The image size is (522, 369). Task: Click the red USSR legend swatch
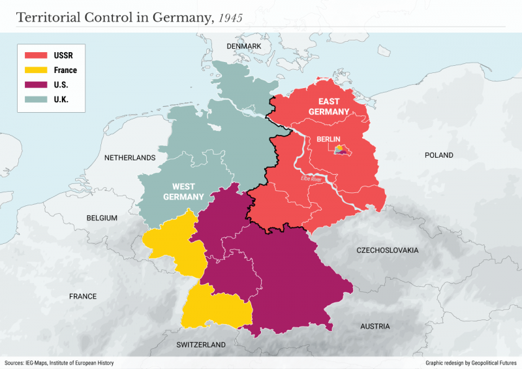tap(35, 55)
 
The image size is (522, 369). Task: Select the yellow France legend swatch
tap(35, 70)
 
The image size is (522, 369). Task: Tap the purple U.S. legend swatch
tap(35, 85)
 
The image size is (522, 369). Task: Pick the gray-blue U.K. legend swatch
tap(35, 99)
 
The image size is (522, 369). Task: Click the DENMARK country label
tap(243, 47)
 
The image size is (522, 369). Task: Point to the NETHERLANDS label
tap(130, 158)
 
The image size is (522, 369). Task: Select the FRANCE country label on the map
tap(83, 297)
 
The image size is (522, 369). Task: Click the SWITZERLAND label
tap(200, 345)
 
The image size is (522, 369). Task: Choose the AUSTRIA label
tap(375, 326)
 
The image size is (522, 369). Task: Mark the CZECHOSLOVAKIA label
tap(388, 250)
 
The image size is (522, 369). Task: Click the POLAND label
tap(438, 156)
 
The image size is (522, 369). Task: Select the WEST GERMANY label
tap(183, 192)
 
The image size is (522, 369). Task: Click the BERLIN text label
tap(328, 140)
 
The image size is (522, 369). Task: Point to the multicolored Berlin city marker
tap(339, 151)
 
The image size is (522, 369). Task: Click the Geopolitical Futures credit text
tap(470, 362)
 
